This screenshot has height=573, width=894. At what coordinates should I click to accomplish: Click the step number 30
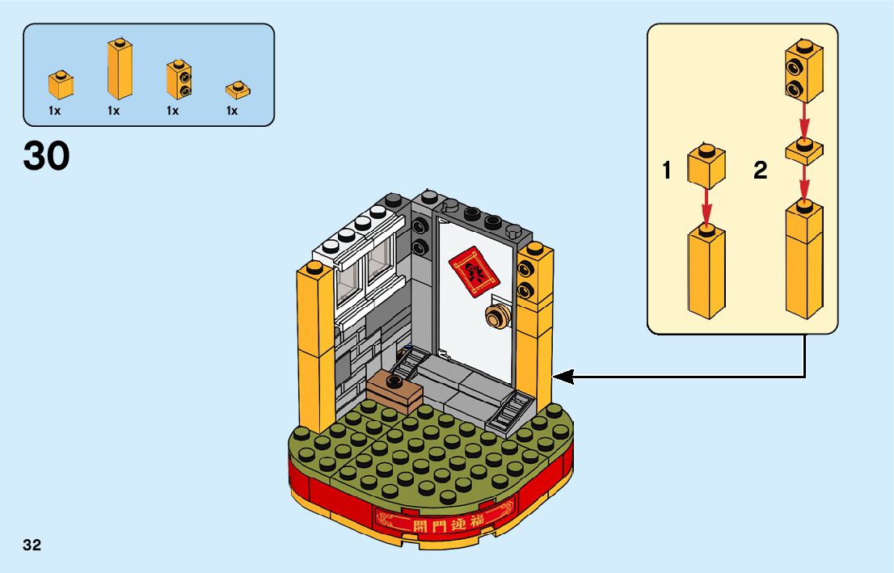47,156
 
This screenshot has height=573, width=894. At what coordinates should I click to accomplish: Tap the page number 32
32,545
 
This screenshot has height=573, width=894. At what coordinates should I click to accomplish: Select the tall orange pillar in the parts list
119,70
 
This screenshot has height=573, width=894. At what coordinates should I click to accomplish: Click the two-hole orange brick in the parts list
179,79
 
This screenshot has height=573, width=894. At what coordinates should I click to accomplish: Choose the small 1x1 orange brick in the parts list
61,85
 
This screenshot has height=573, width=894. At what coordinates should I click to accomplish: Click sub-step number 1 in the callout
667,171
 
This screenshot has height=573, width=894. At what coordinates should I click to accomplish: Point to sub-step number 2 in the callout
760,171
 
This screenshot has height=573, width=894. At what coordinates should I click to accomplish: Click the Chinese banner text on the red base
443,521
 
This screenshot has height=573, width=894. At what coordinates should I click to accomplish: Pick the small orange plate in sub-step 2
803,150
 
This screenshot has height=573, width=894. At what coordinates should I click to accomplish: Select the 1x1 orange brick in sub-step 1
706,166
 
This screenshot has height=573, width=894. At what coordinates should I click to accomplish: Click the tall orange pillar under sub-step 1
706,271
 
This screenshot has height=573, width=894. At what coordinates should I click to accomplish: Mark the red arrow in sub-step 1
706,206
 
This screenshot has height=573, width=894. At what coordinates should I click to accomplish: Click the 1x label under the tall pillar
113,111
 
